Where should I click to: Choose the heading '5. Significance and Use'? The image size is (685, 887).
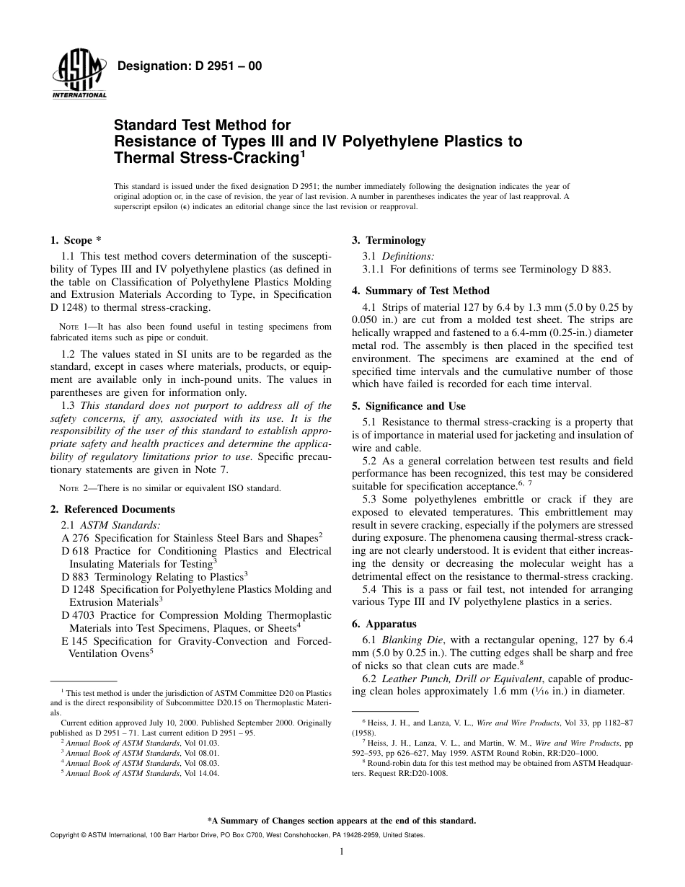pyautogui.click(x=408, y=405)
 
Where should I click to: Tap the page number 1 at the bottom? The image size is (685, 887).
pyautogui.click(x=342, y=852)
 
